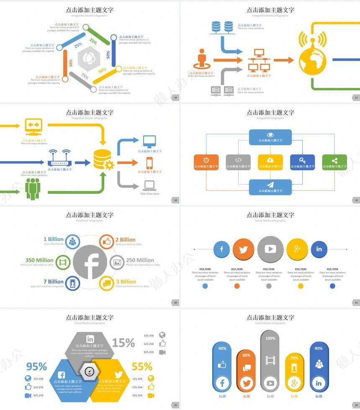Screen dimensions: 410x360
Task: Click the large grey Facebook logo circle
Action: click(x=90, y=262)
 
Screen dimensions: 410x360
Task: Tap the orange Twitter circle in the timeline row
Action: click(x=243, y=249)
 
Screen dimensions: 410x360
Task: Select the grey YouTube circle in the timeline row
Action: click(x=270, y=249)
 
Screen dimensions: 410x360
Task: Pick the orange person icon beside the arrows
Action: click(x=202, y=60)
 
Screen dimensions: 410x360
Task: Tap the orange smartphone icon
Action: click(x=149, y=163)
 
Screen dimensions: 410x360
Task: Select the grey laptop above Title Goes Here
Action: click(x=149, y=185)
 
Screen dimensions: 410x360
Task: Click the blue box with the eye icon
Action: click(x=270, y=137)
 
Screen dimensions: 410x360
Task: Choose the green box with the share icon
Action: click(x=334, y=162)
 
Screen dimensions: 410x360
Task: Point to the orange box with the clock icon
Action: click(x=206, y=162)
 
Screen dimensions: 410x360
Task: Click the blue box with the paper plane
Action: click(x=270, y=187)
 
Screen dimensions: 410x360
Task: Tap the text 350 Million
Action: click(x=39, y=260)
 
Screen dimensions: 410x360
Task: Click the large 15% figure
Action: click(x=123, y=343)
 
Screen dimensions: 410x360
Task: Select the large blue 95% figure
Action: click(x=37, y=366)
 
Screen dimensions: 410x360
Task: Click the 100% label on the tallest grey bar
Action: click(x=270, y=338)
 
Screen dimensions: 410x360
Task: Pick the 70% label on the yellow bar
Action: click(x=294, y=358)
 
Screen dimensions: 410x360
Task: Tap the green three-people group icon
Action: click(x=32, y=188)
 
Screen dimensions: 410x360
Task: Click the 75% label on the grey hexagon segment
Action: click(x=85, y=77)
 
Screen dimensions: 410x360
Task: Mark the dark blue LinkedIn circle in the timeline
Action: click(x=319, y=249)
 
